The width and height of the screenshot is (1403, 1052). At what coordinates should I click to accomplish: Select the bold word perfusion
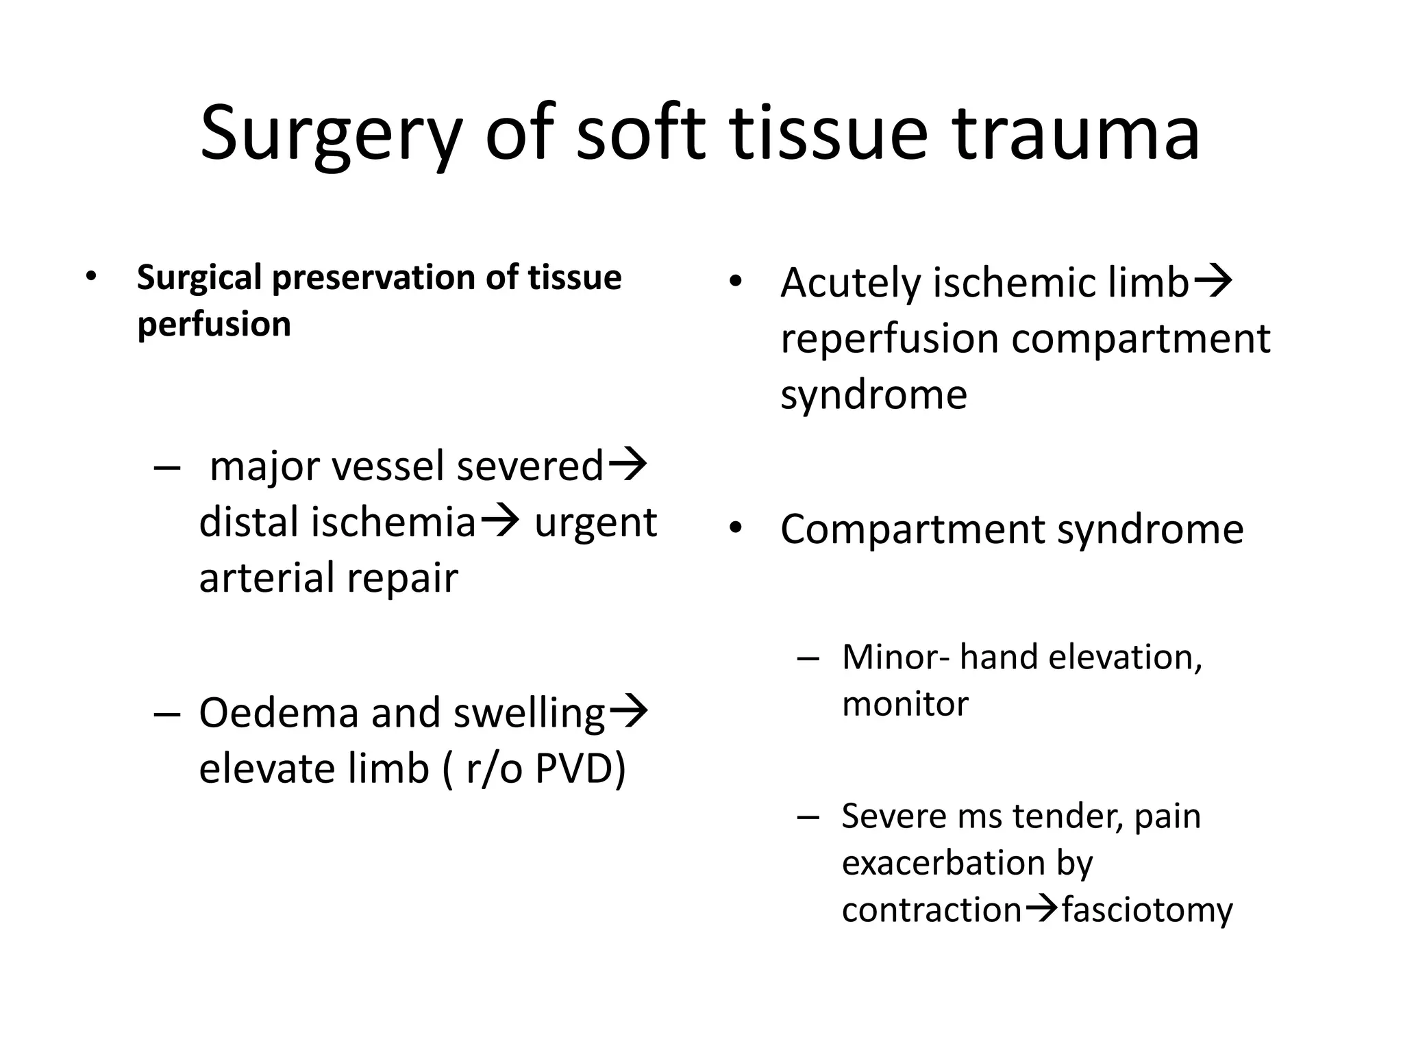(214, 325)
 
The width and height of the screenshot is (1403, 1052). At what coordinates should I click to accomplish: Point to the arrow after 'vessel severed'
(628, 464)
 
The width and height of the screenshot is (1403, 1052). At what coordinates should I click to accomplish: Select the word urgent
(595, 523)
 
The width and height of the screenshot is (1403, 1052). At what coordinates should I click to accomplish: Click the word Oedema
(279, 712)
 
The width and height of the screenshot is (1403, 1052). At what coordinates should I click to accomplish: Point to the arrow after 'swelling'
(628, 711)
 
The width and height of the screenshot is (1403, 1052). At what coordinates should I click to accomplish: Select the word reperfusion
(889, 340)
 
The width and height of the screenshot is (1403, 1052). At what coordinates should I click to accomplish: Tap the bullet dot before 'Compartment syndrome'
(736, 529)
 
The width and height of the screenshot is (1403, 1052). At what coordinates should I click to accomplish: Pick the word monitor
(905, 704)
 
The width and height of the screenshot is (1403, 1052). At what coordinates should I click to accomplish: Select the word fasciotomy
(1147, 910)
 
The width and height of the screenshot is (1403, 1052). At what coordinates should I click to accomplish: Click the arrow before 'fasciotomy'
(1042, 909)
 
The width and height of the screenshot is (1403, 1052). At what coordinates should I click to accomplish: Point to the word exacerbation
(944, 863)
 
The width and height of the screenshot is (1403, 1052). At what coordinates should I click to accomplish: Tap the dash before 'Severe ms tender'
(808, 817)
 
